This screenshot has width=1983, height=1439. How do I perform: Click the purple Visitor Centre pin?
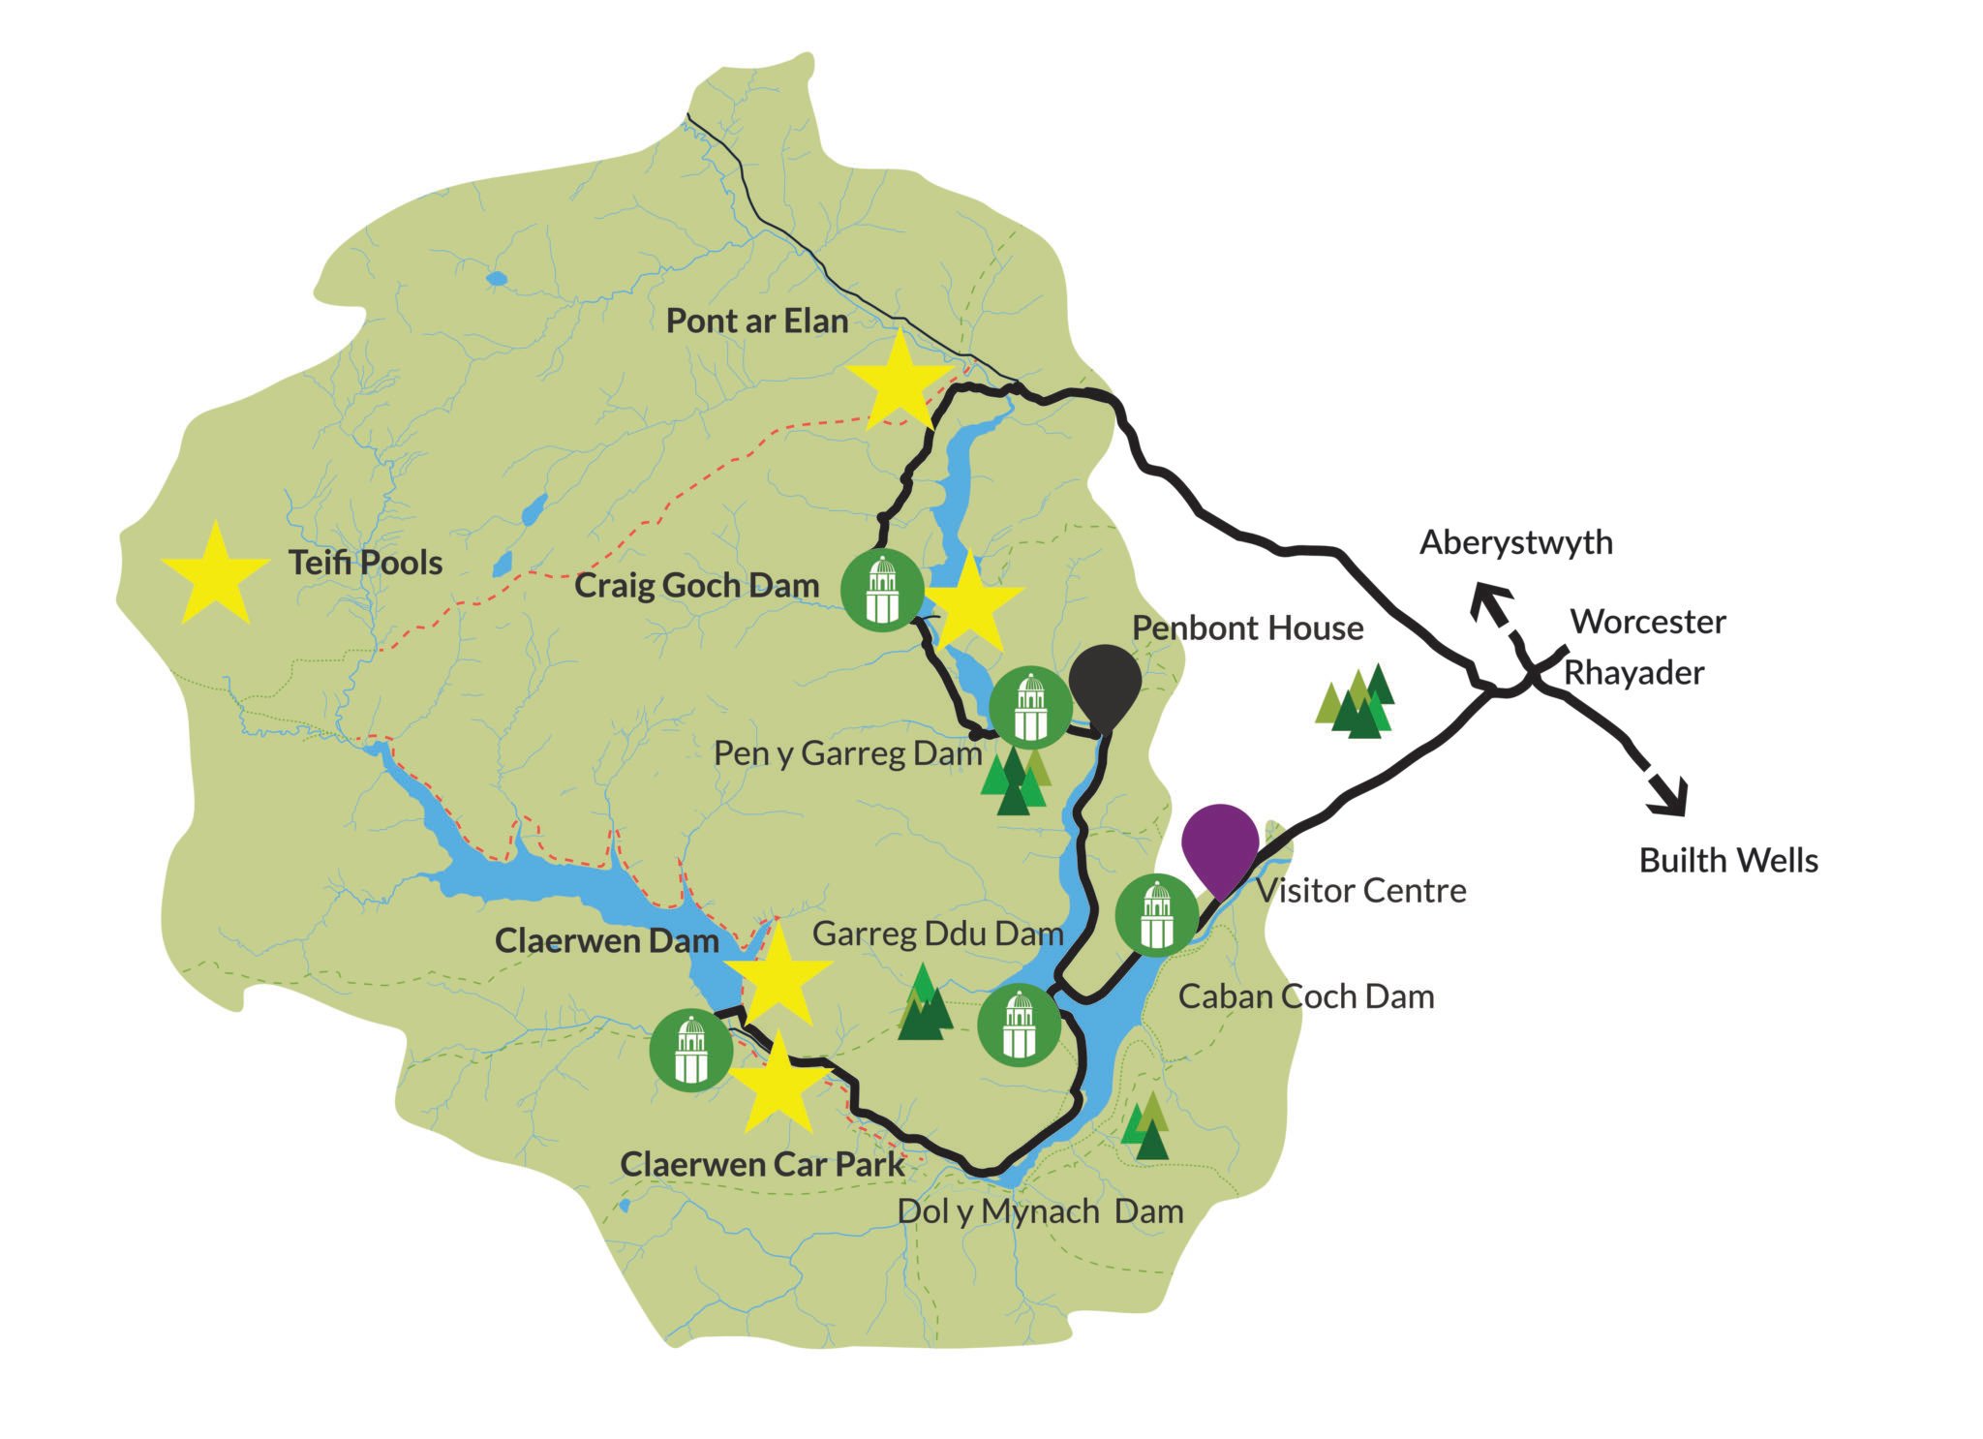[1220, 841]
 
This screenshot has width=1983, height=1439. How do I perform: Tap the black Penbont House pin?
[1105, 682]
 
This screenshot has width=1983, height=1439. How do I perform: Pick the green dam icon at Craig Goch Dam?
[881, 589]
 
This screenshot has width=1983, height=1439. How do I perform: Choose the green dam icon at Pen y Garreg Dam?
[1030, 707]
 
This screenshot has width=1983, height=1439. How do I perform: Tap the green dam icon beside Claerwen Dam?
[690, 1050]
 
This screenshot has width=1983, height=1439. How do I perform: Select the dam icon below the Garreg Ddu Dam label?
[1019, 1025]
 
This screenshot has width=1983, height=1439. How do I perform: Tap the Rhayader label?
[1633, 673]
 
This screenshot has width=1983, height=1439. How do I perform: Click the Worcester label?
[1648, 622]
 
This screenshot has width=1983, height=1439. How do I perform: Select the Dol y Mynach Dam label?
[1040, 1211]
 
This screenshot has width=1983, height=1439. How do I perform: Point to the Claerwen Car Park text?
[762, 1165]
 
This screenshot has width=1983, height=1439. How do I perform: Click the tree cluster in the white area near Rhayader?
[1356, 702]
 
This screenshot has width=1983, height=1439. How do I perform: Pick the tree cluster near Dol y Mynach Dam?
[1146, 1127]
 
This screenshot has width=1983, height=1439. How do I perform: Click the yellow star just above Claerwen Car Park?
[778, 1085]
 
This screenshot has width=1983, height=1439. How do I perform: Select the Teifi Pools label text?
[365, 563]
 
